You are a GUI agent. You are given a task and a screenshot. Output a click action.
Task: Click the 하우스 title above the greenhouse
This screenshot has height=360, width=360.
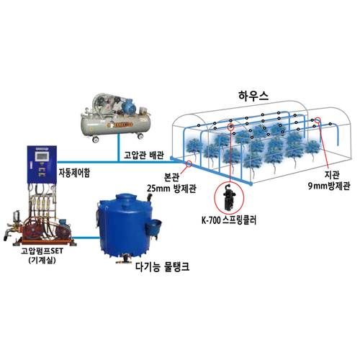(x=253, y=96)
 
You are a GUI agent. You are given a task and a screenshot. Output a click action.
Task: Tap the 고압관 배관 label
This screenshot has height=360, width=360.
(x=144, y=156)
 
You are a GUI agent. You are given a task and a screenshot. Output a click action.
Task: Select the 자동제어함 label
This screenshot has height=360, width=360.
(x=74, y=173)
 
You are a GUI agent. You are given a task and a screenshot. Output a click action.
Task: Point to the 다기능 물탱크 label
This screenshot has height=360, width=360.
(x=163, y=266)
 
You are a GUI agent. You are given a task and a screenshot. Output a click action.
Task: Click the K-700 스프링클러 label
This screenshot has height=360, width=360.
(x=229, y=220)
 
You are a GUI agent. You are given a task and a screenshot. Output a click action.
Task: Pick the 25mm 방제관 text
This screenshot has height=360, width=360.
(x=171, y=189)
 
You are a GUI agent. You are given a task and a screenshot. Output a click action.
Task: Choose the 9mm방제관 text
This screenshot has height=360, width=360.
(x=329, y=186)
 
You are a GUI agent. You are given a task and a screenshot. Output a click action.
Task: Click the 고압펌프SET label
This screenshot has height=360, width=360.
(x=42, y=251)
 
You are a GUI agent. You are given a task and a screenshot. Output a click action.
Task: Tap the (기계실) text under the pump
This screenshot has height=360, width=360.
(x=42, y=260)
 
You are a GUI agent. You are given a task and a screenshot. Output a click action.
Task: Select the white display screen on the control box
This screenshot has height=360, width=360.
(x=42, y=156)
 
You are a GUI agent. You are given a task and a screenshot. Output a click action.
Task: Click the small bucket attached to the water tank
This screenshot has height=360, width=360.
(x=153, y=228)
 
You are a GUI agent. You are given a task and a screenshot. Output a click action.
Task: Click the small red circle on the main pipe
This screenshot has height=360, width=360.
(x=189, y=163)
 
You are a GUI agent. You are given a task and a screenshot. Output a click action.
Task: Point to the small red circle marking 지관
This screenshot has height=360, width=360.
(x=318, y=120)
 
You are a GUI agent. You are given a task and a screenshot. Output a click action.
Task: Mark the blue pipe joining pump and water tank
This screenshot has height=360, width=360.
(x=86, y=238)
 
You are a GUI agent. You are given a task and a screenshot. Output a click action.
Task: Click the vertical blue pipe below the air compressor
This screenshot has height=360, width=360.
(x=118, y=148)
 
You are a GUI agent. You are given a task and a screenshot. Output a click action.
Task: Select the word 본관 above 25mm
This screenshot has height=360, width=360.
(x=171, y=177)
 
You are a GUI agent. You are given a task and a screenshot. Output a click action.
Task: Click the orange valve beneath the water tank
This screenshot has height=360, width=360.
(x=125, y=259)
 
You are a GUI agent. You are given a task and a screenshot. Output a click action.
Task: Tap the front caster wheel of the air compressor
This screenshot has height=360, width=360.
(x=96, y=139)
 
